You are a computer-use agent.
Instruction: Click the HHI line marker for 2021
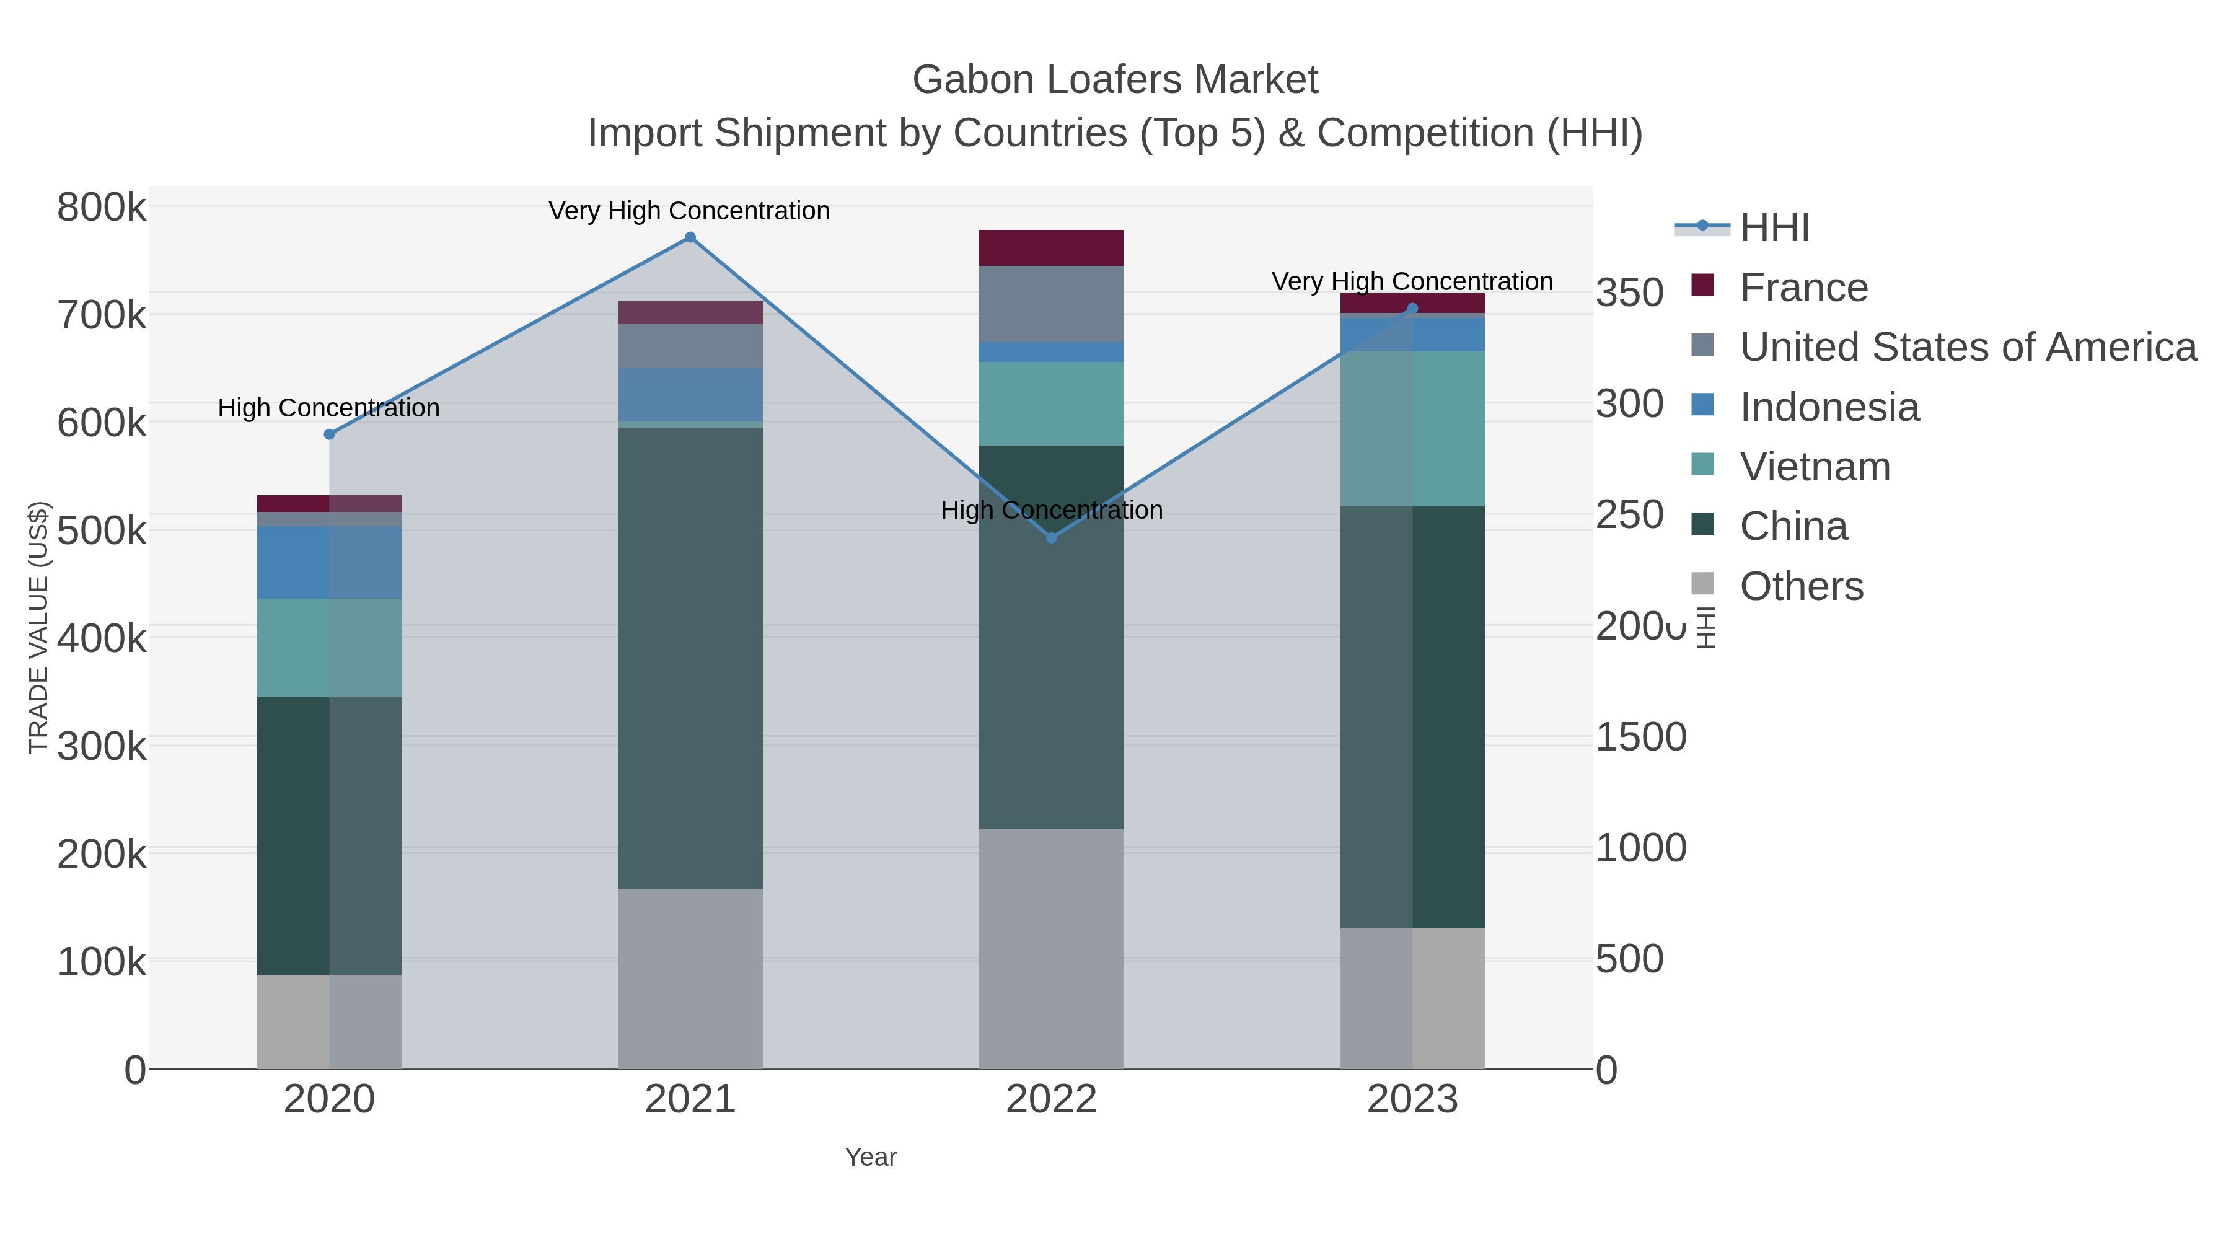690,237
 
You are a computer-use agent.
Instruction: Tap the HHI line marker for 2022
1052,538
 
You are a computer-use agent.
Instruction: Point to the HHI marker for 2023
1412,309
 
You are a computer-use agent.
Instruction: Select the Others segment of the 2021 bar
690,979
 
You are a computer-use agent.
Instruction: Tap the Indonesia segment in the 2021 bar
690,395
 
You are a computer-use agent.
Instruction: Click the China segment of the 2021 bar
690,658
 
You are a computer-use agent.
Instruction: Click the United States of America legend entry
1967,347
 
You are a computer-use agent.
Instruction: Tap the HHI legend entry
1774,228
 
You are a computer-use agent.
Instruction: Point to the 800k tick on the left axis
102,208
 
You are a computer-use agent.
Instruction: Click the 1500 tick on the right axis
1640,737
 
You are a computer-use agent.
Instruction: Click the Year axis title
871,1157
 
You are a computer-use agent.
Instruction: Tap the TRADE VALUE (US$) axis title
39,627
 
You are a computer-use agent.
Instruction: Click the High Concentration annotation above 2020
328,408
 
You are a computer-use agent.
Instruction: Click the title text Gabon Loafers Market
1115,80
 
